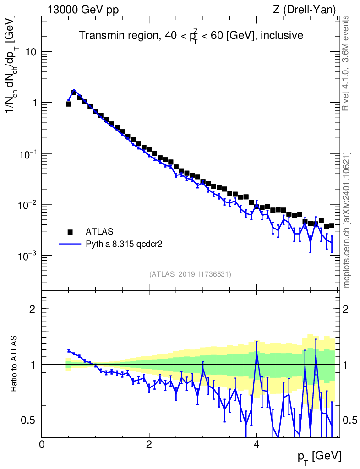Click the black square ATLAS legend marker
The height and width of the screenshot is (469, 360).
tap(70, 231)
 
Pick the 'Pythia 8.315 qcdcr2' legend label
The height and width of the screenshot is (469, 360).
tap(125, 244)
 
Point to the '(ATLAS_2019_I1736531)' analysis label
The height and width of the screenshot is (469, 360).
tap(190, 274)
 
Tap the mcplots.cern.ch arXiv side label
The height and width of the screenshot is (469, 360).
tap(346, 220)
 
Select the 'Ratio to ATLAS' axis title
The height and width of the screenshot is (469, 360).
tap(15, 364)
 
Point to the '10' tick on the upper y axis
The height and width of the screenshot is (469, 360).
tap(31, 52)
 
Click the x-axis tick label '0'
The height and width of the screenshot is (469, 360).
tap(42, 444)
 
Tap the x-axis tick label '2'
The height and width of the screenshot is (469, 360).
tap(149, 444)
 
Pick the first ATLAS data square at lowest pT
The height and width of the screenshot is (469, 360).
tap(68, 104)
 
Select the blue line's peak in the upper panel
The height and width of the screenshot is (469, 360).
tap(74, 90)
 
